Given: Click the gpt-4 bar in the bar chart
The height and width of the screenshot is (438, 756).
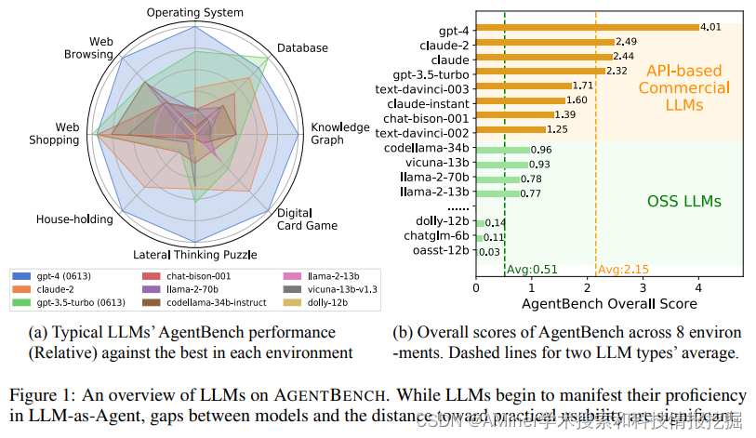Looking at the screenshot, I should [587, 28].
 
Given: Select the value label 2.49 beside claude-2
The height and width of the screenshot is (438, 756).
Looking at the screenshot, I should [627, 42].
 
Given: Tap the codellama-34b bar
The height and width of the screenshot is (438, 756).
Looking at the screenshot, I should [503, 150].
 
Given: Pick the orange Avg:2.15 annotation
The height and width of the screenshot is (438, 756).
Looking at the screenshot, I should [623, 270].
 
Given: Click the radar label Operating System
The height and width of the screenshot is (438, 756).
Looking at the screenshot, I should [195, 12].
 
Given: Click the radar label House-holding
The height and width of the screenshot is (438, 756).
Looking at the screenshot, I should [74, 219].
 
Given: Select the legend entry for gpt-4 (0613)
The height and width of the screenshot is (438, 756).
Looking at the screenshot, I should [66, 276].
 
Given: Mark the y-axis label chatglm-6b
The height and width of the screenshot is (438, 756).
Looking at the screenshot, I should [440, 237].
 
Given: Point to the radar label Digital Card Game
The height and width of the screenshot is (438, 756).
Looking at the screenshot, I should [312, 217].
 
